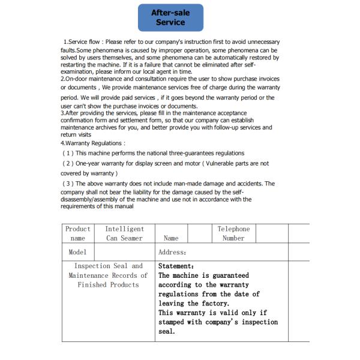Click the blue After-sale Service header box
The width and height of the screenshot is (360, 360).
(170, 17)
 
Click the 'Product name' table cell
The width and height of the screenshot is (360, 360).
(78, 233)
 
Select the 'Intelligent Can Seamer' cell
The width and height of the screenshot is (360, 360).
(124, 233)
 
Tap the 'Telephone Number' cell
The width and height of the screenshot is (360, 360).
(233, 233)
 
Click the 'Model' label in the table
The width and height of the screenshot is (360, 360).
(78, 253)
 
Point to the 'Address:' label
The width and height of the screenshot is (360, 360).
(172, 253)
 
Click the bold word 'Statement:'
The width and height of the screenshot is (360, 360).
(176, 266)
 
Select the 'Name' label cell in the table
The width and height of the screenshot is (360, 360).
(171, 238)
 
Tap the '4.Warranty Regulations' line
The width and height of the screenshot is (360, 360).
(93, 143)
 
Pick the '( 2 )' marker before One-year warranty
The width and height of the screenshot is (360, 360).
(69, 163)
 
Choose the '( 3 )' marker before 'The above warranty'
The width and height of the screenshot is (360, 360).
(69, 184)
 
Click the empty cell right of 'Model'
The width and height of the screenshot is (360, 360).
(125, 253)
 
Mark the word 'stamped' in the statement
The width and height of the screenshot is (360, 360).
(173, 322)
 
